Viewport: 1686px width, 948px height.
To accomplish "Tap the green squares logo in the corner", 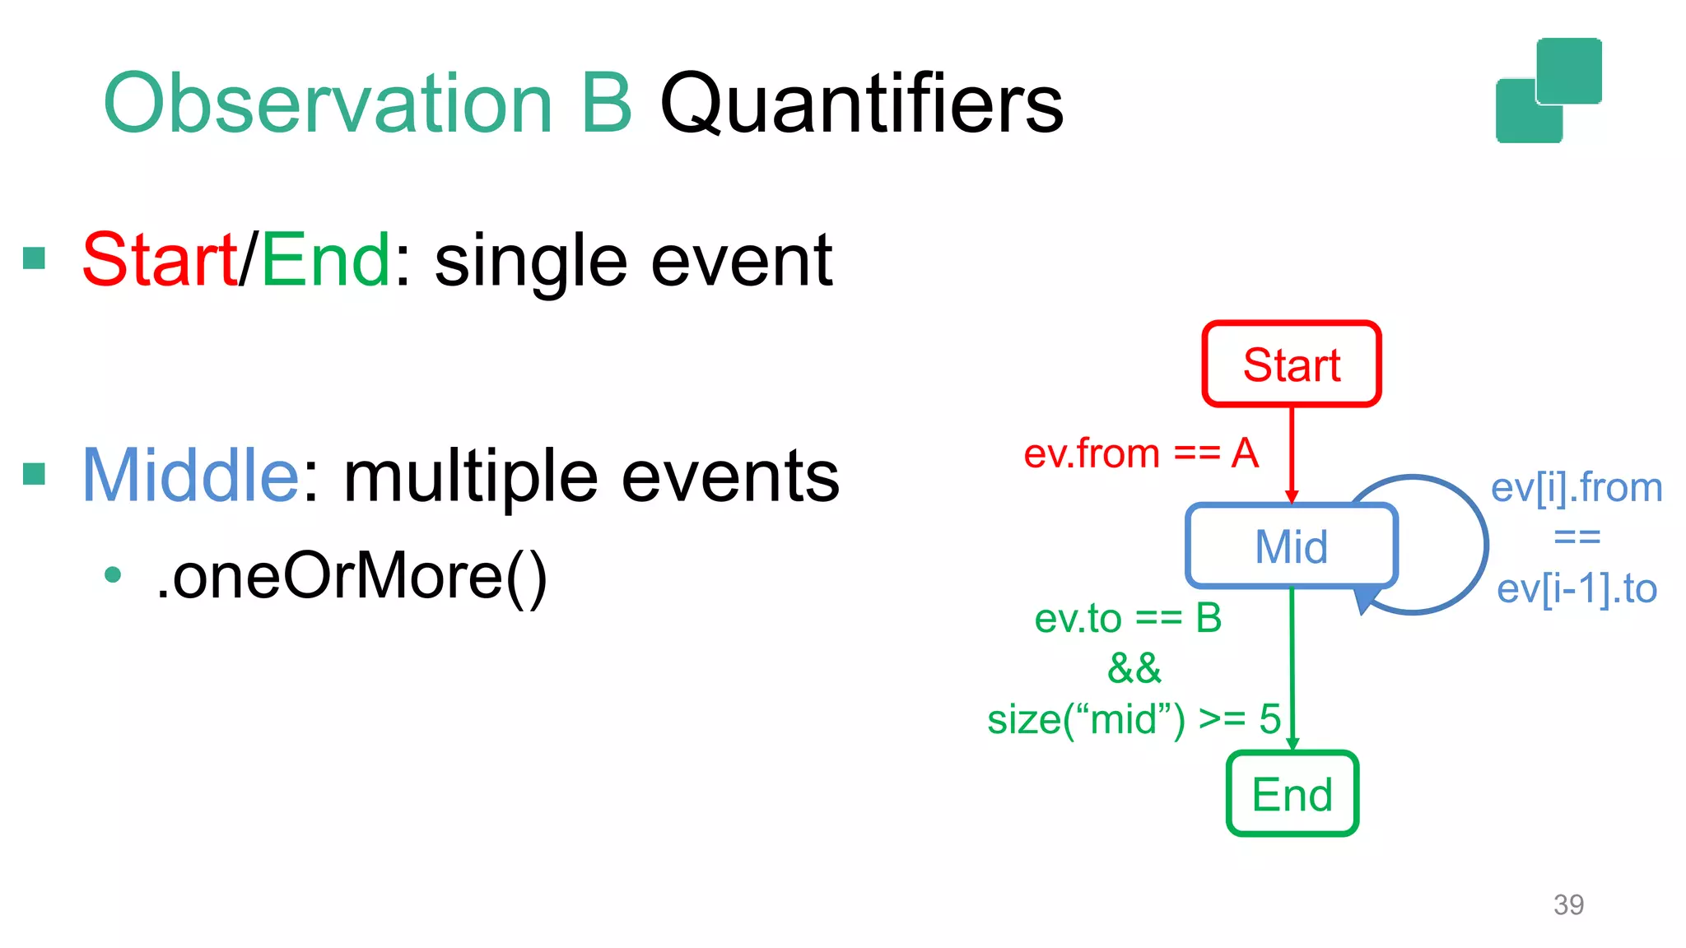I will pos(1549,91).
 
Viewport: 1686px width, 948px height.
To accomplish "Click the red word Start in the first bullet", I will pos(160,259).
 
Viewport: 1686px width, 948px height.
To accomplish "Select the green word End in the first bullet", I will pos(326,259).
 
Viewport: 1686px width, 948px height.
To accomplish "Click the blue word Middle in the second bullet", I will pos(190,475).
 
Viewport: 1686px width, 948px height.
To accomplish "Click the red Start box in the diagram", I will pos(1291,364).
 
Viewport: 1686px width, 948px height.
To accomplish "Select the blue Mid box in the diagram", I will pos(1291,546).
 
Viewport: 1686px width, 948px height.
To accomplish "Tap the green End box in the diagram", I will pos(1292,794).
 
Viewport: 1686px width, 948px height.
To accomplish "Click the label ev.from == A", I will pos(1140,453).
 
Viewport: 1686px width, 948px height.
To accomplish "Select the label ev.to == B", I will pos(1128,618).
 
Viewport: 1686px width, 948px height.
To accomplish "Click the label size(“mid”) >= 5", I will pos(1134,719).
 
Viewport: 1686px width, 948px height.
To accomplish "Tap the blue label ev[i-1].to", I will pos(1576,588).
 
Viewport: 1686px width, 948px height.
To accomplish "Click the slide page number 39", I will pos(1567,904).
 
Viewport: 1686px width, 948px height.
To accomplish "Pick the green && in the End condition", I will pos(1134,668).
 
